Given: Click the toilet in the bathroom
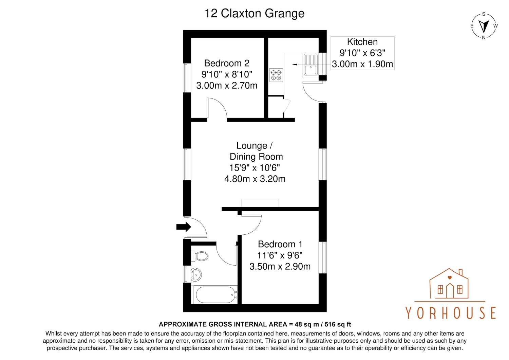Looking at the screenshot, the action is coord(200,256).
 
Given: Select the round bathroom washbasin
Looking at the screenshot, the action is coord(196,274).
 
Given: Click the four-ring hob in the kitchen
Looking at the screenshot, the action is coord(276,75).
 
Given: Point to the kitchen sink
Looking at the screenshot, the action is coord(310,65).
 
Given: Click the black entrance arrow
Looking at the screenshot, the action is coord(184,227).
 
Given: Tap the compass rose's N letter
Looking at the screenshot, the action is coord(484,38).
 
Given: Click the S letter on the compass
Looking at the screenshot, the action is coord(484,14).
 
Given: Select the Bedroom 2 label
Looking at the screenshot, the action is coord(227,63).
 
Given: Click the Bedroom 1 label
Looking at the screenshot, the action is coord(280,244).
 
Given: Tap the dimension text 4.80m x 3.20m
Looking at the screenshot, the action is coord(255,179).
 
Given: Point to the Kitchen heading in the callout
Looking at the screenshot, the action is coord(362,42).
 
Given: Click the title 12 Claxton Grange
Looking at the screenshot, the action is coord(254,13).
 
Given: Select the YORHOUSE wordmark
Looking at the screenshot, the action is coord(451,313).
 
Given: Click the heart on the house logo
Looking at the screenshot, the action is coord(450,277).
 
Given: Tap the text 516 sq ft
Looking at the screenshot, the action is coord(338,324).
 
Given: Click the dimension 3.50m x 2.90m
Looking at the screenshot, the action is coord(280,267).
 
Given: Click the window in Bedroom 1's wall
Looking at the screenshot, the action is coord(323,257).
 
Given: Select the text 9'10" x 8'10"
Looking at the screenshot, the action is coord(227,74).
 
